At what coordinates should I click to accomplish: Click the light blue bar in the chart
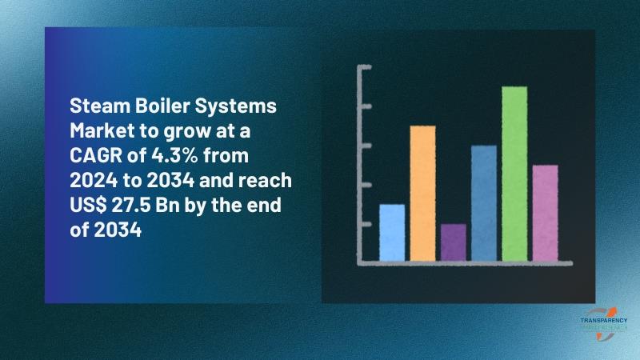point(392,232)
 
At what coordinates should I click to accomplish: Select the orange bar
point(422,193)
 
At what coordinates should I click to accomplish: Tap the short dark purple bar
point(453,242)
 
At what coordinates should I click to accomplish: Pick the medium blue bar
point(484,203)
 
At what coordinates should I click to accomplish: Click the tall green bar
point(514,174)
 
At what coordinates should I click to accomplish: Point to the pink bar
point(545,213)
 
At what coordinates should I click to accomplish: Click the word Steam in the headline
point(99,106)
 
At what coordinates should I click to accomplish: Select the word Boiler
point(162,106)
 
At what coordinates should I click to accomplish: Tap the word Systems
point(236,107)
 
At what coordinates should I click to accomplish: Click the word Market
point(102,130)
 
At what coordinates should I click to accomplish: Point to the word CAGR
point(96,155)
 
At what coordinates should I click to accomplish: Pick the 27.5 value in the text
point(130,206)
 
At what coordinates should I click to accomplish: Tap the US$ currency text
point(88,206)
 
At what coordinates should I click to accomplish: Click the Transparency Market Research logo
point(604,324)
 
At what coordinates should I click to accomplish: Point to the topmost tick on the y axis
point(366,67)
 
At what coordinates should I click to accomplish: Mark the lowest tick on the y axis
point(366,224)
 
